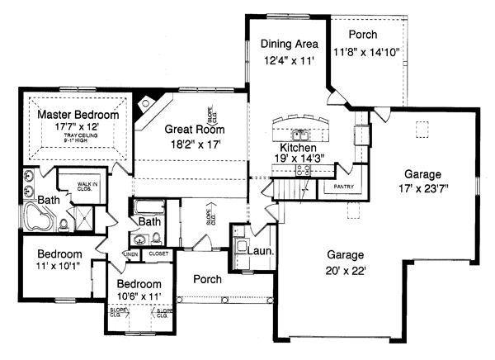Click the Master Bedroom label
(78, 116)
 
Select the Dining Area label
(285, 45)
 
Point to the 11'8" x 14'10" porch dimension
(366, 51)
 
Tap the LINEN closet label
(131, 254)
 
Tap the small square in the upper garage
(422, 129)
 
